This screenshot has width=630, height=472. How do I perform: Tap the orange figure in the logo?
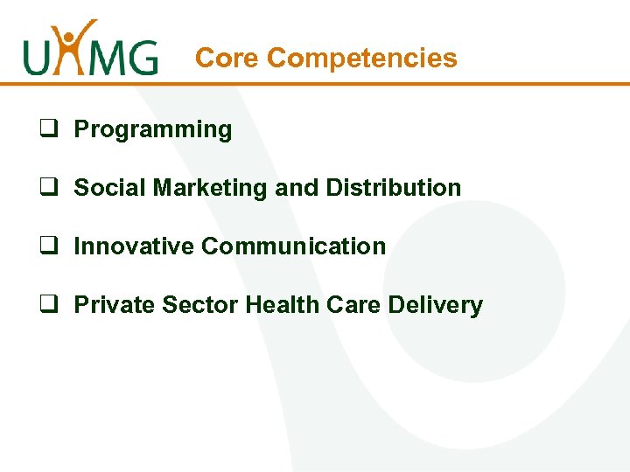(x=72, y=44)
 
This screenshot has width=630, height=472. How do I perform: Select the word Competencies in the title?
(x=362, y=59)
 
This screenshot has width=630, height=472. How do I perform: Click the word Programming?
(x=153, y=130)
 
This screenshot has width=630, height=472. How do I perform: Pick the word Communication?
(x=293, y=246)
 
